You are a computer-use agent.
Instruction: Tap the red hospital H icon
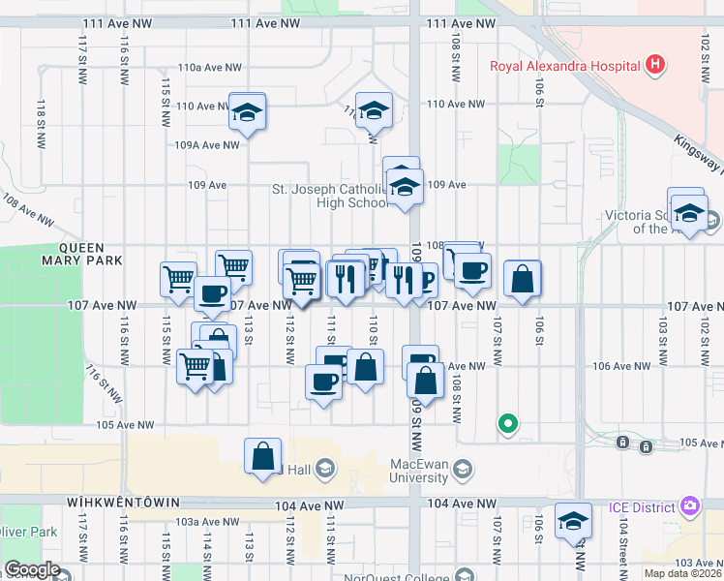(656, 66)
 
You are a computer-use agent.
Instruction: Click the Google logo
(32, 569)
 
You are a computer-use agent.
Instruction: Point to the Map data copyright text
(683, 573)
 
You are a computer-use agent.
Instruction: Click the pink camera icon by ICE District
(689, 505)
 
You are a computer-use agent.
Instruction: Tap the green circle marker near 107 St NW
(506, 423)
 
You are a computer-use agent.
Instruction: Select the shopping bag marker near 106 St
(522, 279)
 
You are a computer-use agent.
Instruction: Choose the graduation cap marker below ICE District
(573, 521)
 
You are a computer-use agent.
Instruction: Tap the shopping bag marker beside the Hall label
(263, 456)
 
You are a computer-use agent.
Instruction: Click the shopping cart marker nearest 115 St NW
(178, 280)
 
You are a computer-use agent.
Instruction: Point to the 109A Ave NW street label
(206, 145)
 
